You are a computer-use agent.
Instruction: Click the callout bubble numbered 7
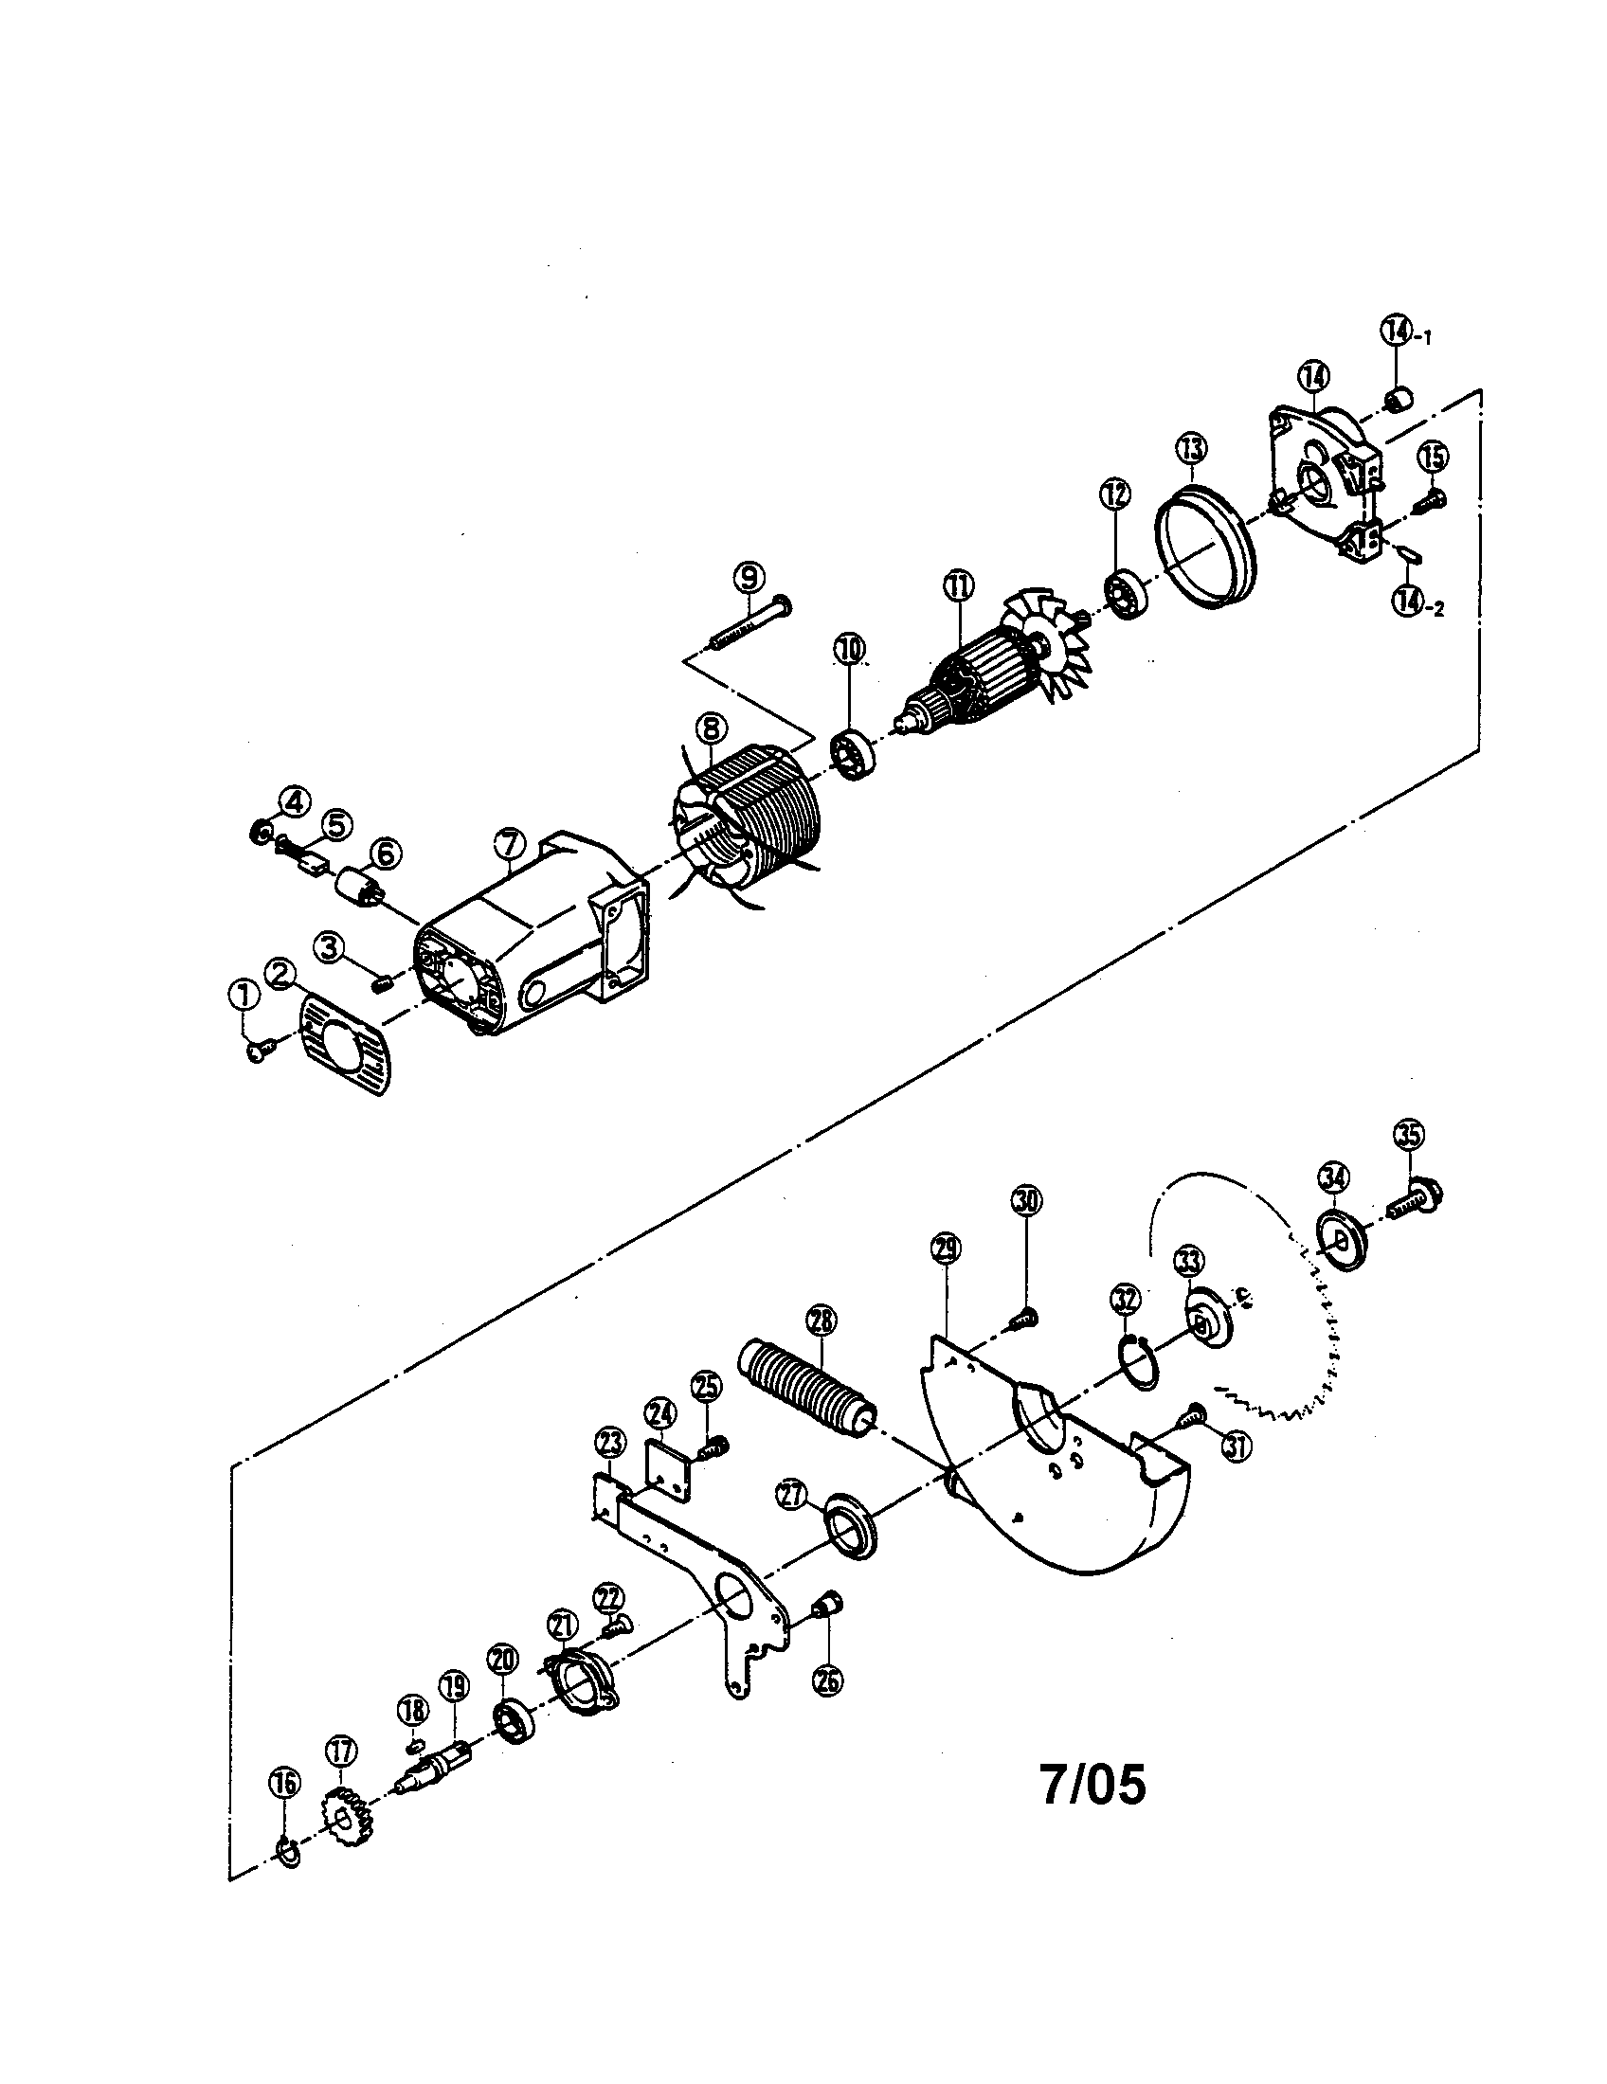pos(510,843)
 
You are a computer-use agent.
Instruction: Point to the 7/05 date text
pos(1092,1787)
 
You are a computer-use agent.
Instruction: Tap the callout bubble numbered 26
pos(827,1679)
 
